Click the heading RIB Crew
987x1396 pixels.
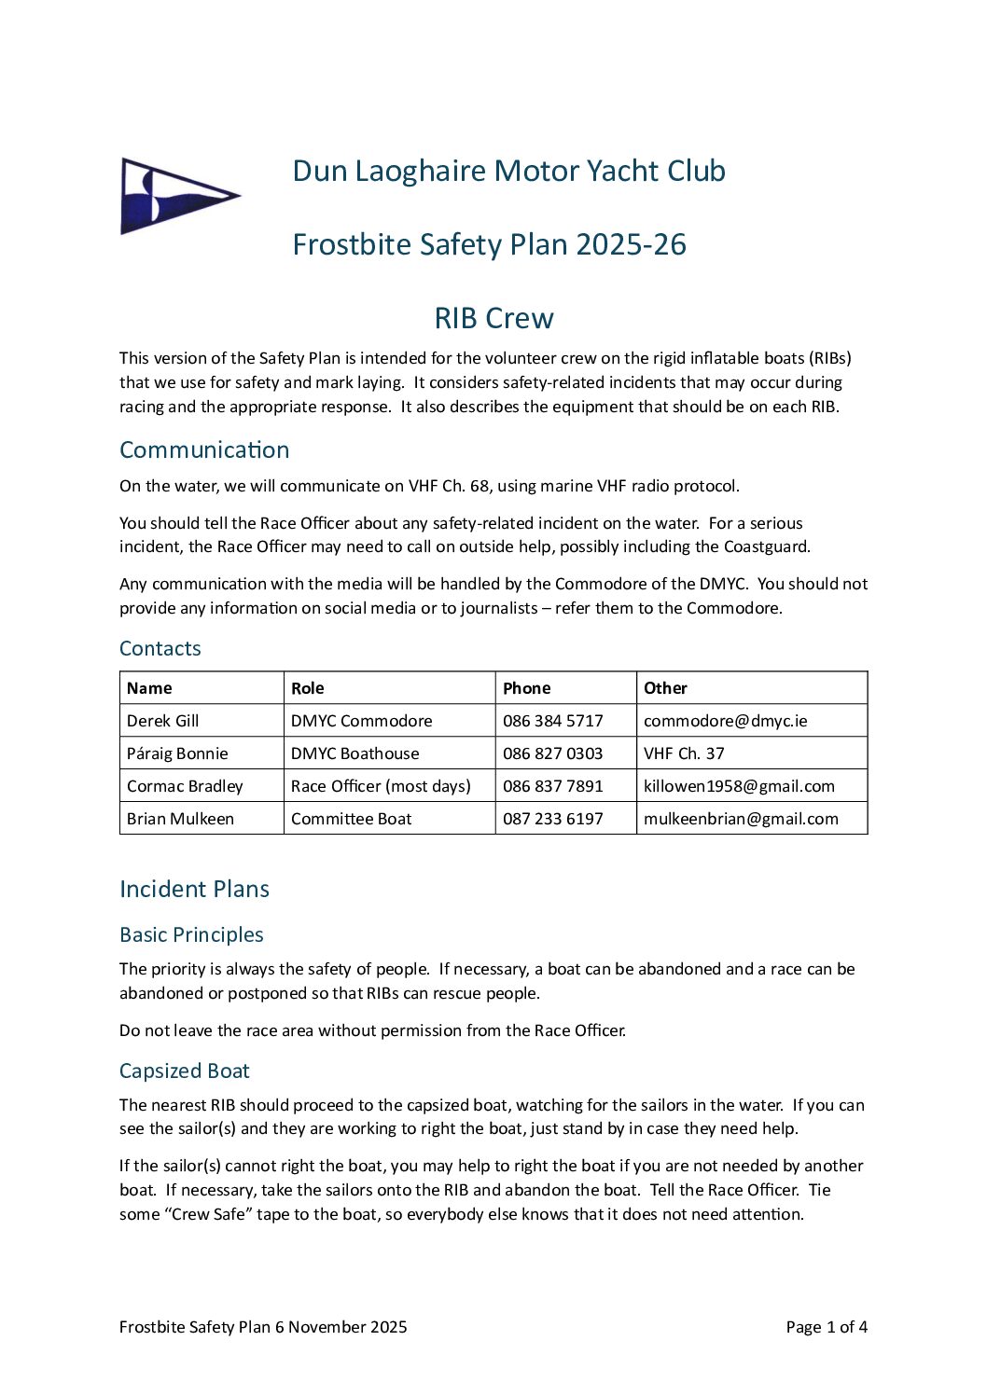[x=493, y=318]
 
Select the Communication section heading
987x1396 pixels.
[x=204, y=449]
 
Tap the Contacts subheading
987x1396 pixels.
[x=160, y=648]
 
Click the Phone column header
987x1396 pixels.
[x=527, y=688]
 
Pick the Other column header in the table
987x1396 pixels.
[x=665, y=688]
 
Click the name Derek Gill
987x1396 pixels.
[x=163, y=721]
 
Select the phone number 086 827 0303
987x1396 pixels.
[x=552, y=753]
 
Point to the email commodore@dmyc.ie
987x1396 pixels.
[x=725, y=721]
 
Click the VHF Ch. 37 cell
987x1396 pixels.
[x=684, y=753]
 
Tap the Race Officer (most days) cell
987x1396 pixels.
[x=381, y=786]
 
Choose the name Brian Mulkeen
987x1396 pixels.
[x=180, y=819]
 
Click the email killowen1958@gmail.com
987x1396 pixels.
[x=739, y=786]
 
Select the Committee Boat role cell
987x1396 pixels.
[x=351, y=819]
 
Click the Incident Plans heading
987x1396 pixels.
[x=194, y=889]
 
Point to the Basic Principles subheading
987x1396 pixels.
[x=191, y=934]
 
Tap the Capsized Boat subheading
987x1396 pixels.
[x=185, y=1071]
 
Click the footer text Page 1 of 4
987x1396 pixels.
[x=827, y=1327]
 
